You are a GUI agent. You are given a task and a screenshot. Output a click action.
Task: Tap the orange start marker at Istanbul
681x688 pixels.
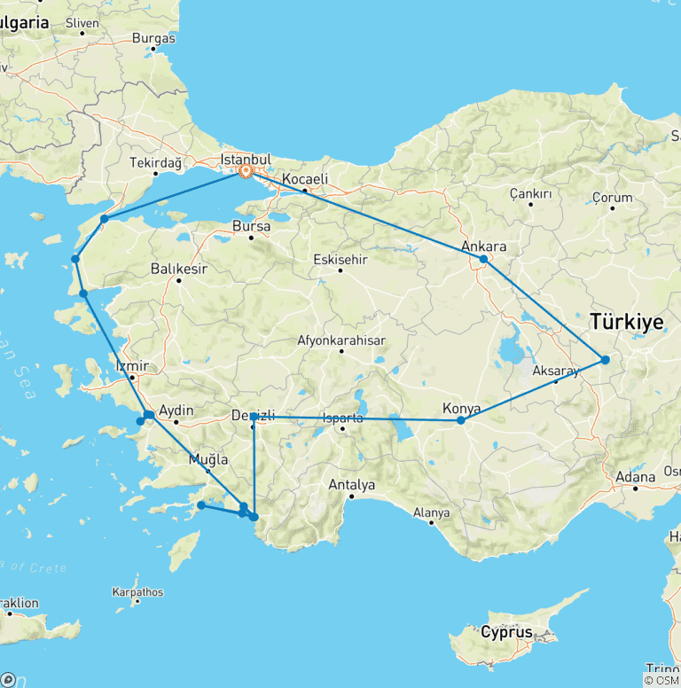click(247, 172)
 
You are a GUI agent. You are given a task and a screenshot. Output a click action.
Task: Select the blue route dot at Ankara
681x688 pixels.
click(483, 259)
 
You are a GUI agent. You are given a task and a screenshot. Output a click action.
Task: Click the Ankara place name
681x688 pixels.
click(484, 246)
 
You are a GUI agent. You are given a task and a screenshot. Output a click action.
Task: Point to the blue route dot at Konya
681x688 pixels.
click(460, 420)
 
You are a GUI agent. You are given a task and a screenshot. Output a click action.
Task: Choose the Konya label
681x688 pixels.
click(461, 409)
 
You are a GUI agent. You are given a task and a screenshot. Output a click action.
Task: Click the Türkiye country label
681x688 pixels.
click(626, 324)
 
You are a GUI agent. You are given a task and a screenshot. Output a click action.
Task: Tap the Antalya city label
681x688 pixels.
click(352, 485)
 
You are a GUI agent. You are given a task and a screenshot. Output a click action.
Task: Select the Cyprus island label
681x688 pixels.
click(507, 633)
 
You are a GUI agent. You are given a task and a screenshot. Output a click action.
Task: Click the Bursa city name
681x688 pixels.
click(251, 226)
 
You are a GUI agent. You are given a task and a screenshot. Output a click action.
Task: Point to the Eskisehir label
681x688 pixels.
click(340, 260)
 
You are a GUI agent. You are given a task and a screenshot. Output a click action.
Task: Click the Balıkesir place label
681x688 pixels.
click(178, 269)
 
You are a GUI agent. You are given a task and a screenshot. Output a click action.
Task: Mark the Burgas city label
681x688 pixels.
click(153, 38)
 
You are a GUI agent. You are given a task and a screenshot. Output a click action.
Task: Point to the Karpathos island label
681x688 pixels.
click(137, 591)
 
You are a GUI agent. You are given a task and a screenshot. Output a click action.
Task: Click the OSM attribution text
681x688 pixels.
click(661, 680)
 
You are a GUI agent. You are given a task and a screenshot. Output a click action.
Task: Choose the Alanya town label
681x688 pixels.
click(432, 512)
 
